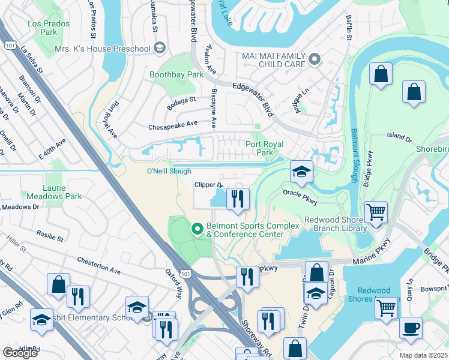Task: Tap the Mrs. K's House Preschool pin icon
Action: (159, 48)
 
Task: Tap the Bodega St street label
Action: (184, 100)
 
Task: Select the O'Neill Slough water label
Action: (169, 172)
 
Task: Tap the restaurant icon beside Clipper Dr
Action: (238, 199)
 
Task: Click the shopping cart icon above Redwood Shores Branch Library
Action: (376, 212)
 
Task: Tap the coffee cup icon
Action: (411, 328)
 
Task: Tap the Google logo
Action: (20, 353)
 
